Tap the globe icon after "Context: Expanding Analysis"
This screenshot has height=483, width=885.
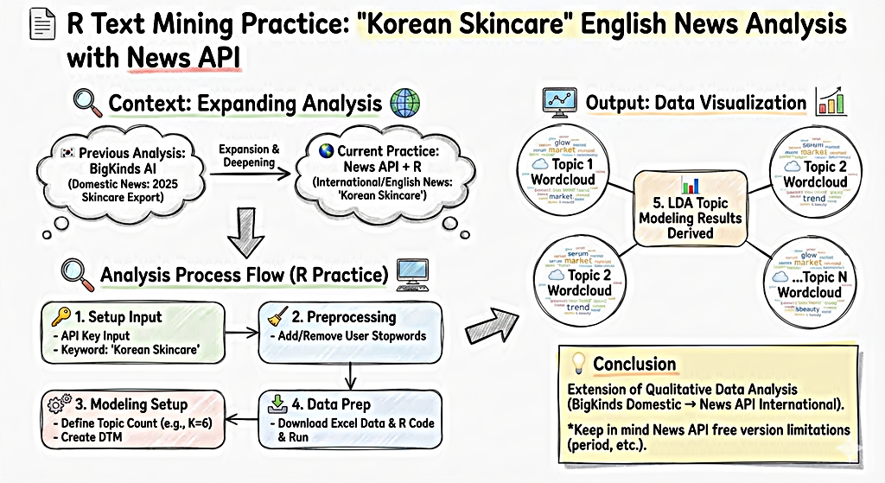tap(403, 103)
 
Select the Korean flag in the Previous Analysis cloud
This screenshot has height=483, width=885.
tap(67, 152)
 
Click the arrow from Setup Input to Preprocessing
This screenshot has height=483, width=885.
tap(235, 331)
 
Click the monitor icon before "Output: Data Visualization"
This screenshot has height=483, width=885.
tap(557, 102)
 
